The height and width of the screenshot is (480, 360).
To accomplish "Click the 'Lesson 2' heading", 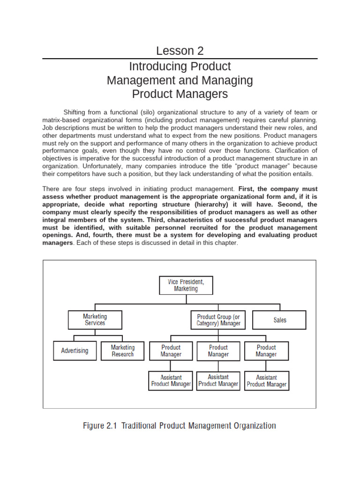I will (x=180, y=51).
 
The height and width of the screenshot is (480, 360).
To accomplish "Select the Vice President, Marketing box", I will (x=186, y=285).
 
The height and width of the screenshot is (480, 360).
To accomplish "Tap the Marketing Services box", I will (x=95, y=320).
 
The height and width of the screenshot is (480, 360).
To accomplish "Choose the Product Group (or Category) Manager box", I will (x=218, y=320).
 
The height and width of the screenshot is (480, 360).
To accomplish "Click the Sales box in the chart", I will (x=279, y=320).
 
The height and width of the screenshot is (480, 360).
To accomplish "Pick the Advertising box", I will (x=74, y=351).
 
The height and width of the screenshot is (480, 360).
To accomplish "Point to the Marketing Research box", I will (x=122, y=351).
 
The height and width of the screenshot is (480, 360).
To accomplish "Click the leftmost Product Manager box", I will (x=171, y=351).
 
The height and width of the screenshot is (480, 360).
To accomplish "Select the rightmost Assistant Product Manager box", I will (x=266, y=381).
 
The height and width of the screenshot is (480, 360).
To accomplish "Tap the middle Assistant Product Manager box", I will (x=218, y=381).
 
